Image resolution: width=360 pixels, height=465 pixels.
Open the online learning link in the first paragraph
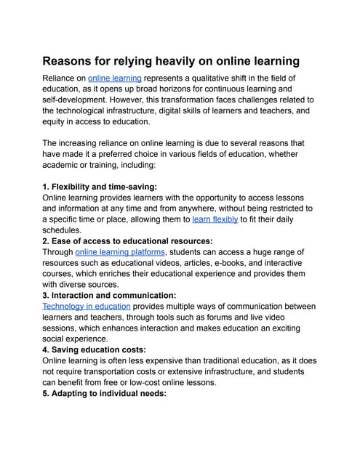[x=115, y=78]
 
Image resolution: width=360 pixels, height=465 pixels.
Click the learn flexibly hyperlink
[x=215, y=219]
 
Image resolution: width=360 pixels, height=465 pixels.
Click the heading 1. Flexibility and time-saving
[x=100, y=186]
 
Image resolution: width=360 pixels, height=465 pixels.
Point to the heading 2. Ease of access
[x=127, y=241]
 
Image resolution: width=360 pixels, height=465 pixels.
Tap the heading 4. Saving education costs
[x=95, y=350]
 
